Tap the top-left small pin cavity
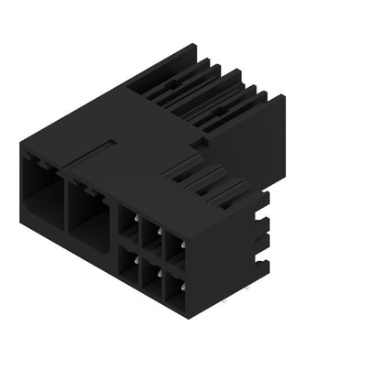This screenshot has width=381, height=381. tap(129, 226)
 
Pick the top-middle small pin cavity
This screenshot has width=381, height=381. tap(150, 235)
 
